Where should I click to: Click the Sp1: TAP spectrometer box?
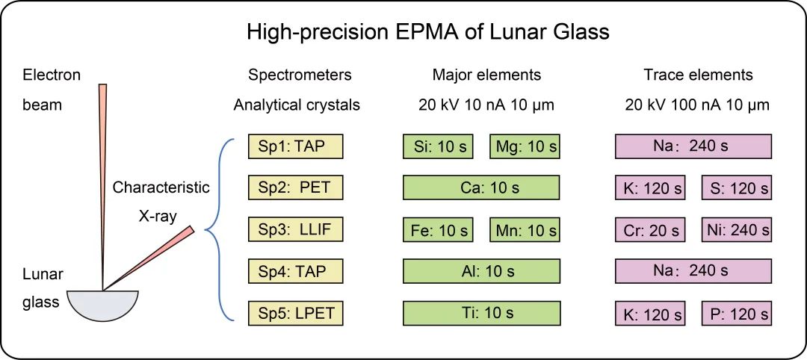[x=295, y=146]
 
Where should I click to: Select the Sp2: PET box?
[x=295, y=188]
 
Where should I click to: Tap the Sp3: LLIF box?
[x=295, y=230]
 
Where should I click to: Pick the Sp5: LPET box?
[x=295, y=314]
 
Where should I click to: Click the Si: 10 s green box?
[x=438, y=146]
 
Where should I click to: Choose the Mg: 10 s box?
[x=526, y=146]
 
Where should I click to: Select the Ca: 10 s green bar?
[x=482, y=188]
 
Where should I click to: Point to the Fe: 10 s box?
[x=438, y=230]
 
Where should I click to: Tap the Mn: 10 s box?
[x=526, y=230]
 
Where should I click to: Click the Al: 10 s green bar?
[x=482, y=272]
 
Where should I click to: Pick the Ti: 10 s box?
[x=482, y=314]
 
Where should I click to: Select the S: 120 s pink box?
[x=737, y=188]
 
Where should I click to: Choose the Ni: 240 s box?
[x=737, y=230]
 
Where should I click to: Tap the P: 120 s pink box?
[x=737, y=314]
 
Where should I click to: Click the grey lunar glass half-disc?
[x=103, y=304]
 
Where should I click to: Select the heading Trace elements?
[x=698, y=75]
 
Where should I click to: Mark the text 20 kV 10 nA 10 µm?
[x=486, y=105]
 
